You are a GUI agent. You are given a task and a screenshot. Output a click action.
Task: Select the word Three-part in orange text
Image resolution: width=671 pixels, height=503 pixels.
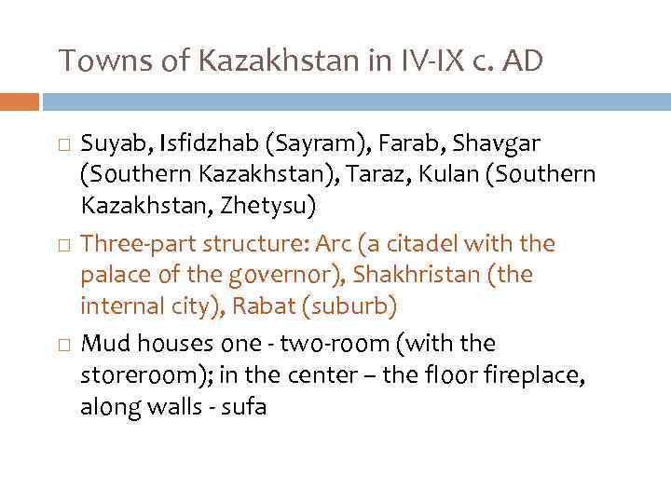pos(132,245)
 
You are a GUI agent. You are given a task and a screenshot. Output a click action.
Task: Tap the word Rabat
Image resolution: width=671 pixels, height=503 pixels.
pos(267,306)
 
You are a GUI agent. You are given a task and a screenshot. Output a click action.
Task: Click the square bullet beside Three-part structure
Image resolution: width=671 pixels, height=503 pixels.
pos(62,245)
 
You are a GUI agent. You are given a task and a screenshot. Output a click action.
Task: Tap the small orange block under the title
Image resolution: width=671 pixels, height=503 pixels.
pos(20,101)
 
